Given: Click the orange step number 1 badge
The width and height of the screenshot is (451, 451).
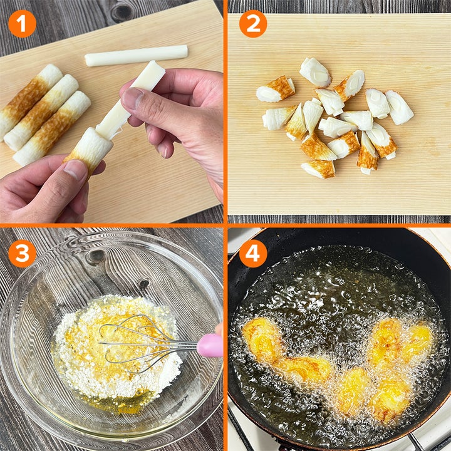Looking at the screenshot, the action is click(x=22, y=24).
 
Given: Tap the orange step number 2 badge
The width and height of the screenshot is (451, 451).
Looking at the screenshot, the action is click(x=253, y=24).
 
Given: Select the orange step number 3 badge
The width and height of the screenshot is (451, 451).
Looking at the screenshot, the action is click(x=22, y=254).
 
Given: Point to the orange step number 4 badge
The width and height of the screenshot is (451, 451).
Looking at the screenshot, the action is click(x=253, y=254).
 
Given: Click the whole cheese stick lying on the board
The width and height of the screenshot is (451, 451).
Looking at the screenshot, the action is click(x=137, y=56).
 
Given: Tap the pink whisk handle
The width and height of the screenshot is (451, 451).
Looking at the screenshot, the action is click(x=210, y=345).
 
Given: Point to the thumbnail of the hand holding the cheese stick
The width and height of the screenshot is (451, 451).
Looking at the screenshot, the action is click(x=133, y=98).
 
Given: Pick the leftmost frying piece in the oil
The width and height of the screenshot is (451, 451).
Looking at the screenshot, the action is click(x=261, y=340).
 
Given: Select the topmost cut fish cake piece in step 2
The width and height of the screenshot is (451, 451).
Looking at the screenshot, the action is click(x=315, y=72).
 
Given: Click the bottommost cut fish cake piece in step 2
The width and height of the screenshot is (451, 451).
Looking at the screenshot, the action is click(x=318, y=169).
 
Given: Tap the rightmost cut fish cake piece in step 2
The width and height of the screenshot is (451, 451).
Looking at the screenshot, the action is click(x=399, y=107).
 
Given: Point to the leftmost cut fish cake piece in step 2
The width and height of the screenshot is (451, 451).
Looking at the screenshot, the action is click(x=275, y=90).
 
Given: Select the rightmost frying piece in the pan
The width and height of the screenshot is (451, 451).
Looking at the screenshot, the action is click(x=418, y=336).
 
